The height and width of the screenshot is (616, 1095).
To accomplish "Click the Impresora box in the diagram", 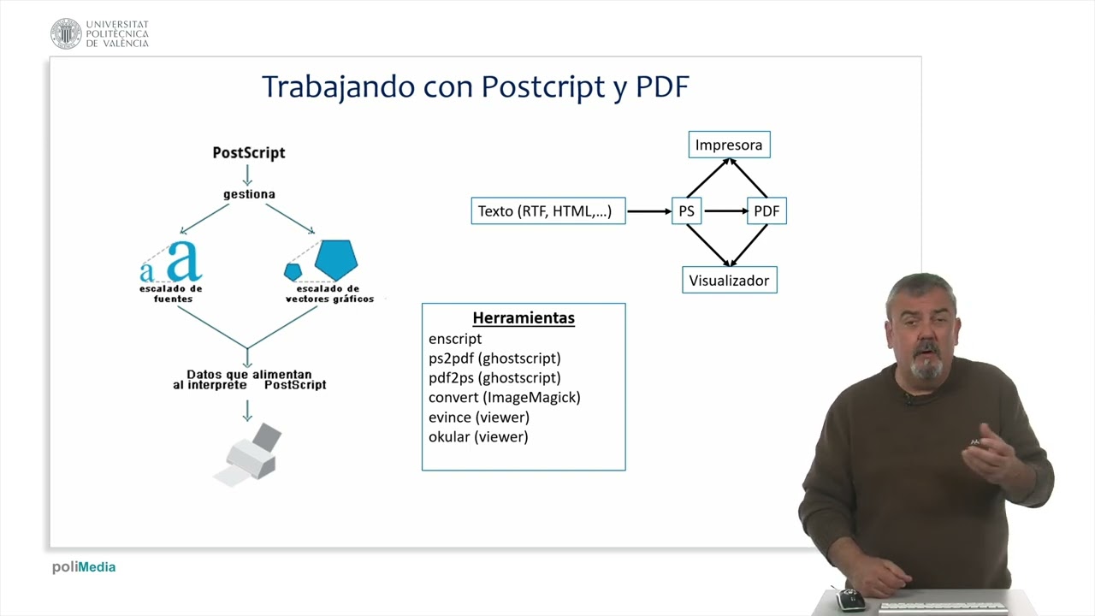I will coord(729,145).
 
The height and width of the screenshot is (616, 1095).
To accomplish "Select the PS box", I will coord(686,210).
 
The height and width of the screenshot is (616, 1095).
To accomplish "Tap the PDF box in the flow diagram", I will coord(766,210).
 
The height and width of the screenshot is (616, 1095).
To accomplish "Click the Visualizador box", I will coord(729,280).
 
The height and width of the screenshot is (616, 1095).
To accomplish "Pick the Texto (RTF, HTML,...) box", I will coord(547,210).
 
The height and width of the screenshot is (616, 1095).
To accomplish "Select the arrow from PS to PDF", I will coord(725,210).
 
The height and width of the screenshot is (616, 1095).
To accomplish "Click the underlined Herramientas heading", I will coord(524,318).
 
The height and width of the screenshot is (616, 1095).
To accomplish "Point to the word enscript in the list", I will coord(455,339).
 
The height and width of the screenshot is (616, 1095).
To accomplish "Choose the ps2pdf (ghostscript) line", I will coord(494,358).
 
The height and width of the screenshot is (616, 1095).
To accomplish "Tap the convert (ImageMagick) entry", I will coord(504,398).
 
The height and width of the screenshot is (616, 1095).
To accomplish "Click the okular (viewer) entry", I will coord(478,437).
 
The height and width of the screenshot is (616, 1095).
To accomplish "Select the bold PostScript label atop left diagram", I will coord(249,153).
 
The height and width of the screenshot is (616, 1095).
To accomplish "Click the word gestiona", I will coord(249,194).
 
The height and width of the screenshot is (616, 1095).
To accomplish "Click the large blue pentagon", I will coord(335,259).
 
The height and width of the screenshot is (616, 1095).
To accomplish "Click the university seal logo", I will coord(66,33).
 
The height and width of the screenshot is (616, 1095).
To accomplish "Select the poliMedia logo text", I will coord(84,567).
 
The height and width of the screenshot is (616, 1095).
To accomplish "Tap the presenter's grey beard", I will coord(927,367).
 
